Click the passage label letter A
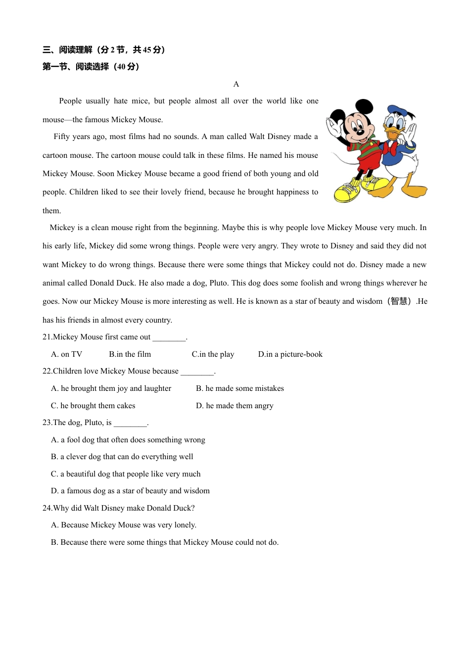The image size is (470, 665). [x=236, y=84]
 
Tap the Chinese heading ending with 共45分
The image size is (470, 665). [x=104, y=49]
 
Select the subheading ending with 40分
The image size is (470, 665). [x=91, y=67]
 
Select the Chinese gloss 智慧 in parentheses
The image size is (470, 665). [x=399, y=301]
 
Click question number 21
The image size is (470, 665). [x=47, y=337]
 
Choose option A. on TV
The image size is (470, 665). [x=67, y=354]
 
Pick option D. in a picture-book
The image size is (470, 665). [x=290, y=354]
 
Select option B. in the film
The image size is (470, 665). [x=130, y=354]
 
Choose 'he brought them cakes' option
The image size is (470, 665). [x=93, y=406]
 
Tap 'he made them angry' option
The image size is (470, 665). [x=235, y=406]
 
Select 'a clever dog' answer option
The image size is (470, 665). [x=122, y=457]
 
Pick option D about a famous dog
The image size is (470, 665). [x=130, y=491]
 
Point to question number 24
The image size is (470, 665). [x=47, y=508]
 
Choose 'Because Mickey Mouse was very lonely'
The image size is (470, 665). [x=124, y=525]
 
